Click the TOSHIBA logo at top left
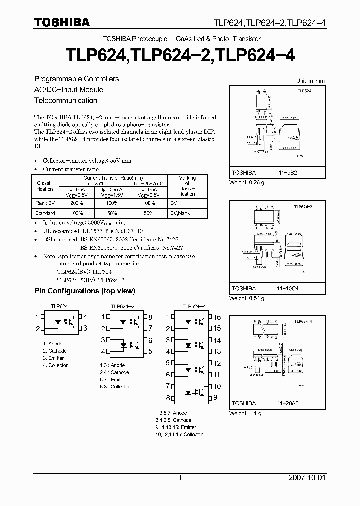tap(62, 22)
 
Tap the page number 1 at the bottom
tap(180, 478)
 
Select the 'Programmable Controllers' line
tap(76, 79)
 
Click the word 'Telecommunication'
tap(65, 100)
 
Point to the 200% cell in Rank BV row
tap(77, 203)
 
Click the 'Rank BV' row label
tap(45, 203)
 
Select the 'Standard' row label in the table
tap(45, 213)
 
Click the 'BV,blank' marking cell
tap(180, 213)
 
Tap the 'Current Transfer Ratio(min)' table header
tap(113, 178)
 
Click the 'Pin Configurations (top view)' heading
tap(84, 291)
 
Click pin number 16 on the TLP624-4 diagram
tap(217, 317)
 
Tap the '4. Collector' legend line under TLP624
tap(55, 365)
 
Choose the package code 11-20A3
tap(289, 403)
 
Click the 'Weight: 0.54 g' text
tap(246, 298)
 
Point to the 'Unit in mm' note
tap(310, 80)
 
